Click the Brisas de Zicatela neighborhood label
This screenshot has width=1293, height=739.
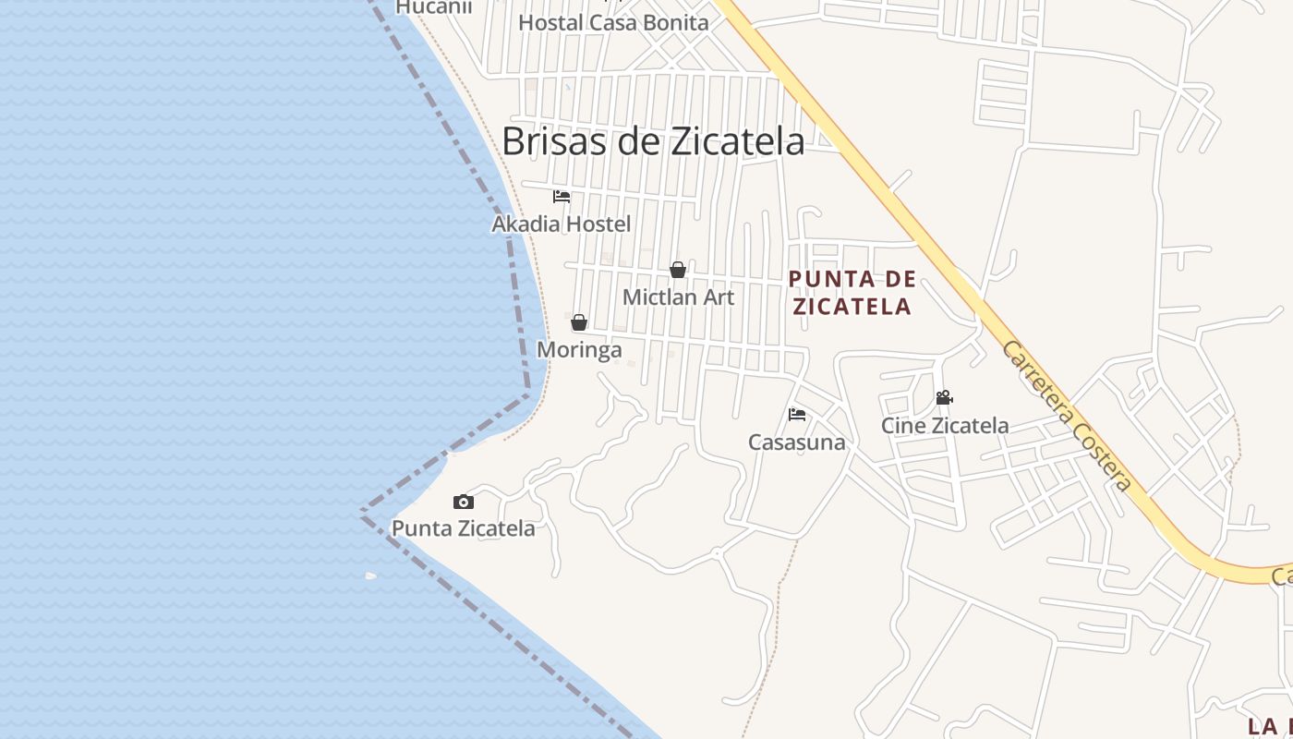click(x=653, y=141)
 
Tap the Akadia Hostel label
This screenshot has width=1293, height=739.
click(x=562, y=224)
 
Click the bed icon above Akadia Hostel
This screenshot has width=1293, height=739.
click(x=562, y=197)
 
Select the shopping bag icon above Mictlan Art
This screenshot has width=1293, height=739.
click(x=678, y=270)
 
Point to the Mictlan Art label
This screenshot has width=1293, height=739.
click(x=679, y=297)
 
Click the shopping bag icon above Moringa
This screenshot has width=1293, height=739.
click(x=579, y=322)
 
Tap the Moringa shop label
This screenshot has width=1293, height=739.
click(x=579, y=350)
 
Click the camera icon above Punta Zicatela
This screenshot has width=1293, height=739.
click(x=464, y=502)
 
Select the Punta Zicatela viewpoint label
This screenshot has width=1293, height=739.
click(x=464, y=528)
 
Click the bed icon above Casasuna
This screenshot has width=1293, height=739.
click(x=797, y=414)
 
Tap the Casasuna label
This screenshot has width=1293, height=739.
click(x=797, y=442)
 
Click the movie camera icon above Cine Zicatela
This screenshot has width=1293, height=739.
click(x=944, y=398)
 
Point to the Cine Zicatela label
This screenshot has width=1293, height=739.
click(x=945, y=426)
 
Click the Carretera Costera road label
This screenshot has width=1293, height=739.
click(x=1067, y=416)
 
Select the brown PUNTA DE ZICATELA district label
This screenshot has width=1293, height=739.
click(x=852, y=292)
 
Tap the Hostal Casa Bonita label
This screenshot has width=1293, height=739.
click(x=613, y=22)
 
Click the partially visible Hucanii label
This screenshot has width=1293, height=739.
click(x=434, y=7)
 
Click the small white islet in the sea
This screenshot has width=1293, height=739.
click(x=370, y=575)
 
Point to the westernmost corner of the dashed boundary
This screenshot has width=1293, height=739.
click(x=361, y=511)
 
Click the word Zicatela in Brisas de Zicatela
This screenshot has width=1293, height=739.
click(x=735, y=141)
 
